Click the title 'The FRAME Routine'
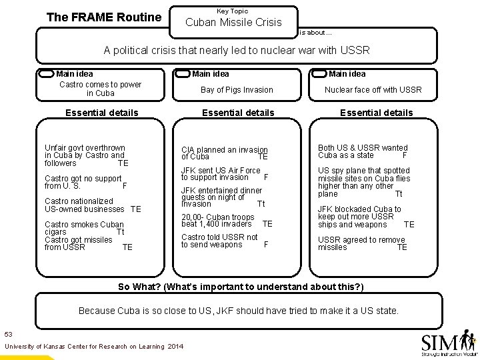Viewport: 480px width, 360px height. (104, 17)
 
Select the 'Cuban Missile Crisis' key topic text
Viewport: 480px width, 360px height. (233, 23)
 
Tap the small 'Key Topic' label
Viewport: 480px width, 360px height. (233, 11)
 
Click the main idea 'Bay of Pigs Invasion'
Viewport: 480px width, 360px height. (237, 90)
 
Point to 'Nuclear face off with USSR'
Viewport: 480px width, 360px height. (373, 90)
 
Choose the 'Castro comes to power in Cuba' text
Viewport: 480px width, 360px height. (100, 89)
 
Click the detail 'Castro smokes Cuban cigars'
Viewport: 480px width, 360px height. (83, 229)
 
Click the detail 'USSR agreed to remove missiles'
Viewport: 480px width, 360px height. (361, 243)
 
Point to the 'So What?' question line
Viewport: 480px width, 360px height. (241, 287)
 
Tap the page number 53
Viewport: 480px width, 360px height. (8, 333)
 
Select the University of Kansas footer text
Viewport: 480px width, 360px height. (93, 347)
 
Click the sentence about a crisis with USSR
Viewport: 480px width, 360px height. (237, 51)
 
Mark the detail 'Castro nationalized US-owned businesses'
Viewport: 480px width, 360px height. (91, 205)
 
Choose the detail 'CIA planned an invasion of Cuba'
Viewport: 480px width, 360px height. (224, 153)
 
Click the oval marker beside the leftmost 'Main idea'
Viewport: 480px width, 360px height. (45, 74)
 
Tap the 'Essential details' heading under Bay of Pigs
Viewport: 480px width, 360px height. (238, 113)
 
